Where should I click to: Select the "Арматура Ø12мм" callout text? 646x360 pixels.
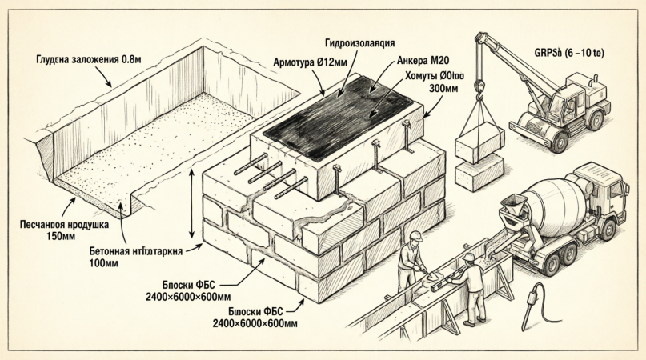[x=311, y=62]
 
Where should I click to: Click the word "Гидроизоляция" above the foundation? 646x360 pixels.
[x=359, y=42]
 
